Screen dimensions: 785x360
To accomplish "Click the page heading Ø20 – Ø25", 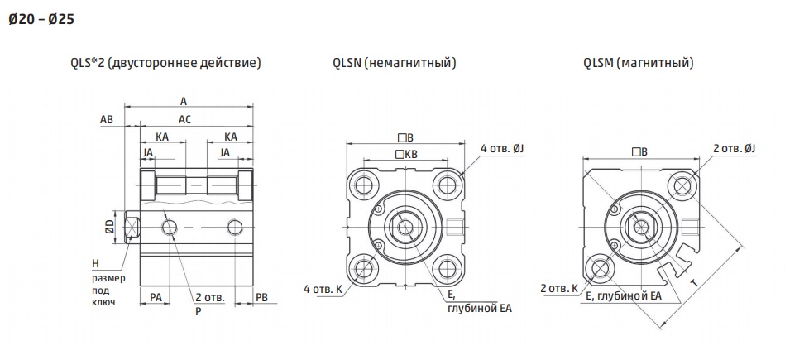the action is pyautogui.click(x=41, y=20).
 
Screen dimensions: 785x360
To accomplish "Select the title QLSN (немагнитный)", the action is pyautogui.click(x=395, y=63).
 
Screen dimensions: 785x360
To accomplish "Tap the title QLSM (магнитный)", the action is pyautogui.click(x=639, y=63).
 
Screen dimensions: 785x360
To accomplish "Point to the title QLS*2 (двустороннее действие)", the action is pyautogui.click(x=166, y=63).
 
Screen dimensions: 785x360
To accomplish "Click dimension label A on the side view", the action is pyautogui.click(x=184, y=101).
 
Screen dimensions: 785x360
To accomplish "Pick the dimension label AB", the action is pyautogui.click(x=107, y=120).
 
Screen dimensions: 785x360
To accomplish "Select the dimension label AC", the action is pyautogui.click(x=184, y=120).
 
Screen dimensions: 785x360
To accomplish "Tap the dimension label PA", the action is pyautogui.click(x=156, y=297).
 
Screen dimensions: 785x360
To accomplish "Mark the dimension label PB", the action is pyautogui.click(x=262, y=297).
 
